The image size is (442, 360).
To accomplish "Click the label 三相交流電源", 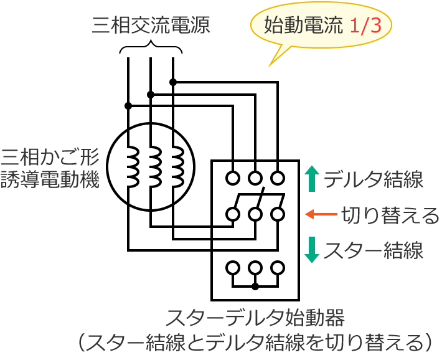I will coord(151,26).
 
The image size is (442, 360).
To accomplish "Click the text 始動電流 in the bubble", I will coord(303,26).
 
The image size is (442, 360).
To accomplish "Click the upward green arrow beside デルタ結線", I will coord(313,179).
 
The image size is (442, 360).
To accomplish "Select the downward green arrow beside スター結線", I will coord(313,250).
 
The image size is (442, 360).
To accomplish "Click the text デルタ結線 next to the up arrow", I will coord(374,180).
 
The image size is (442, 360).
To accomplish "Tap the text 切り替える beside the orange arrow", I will coord(390,216).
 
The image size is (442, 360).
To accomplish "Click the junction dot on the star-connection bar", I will coord(255,287).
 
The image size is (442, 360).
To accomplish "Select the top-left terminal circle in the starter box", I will coord(233,178).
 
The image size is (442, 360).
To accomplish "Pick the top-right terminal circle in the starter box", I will coord(278,178).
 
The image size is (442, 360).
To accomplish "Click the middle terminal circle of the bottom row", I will coord(255,268).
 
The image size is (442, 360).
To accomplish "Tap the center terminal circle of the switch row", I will coord(255,215).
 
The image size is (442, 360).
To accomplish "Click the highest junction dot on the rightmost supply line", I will coord(173,82).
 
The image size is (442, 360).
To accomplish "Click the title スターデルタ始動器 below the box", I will coord(255,318).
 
